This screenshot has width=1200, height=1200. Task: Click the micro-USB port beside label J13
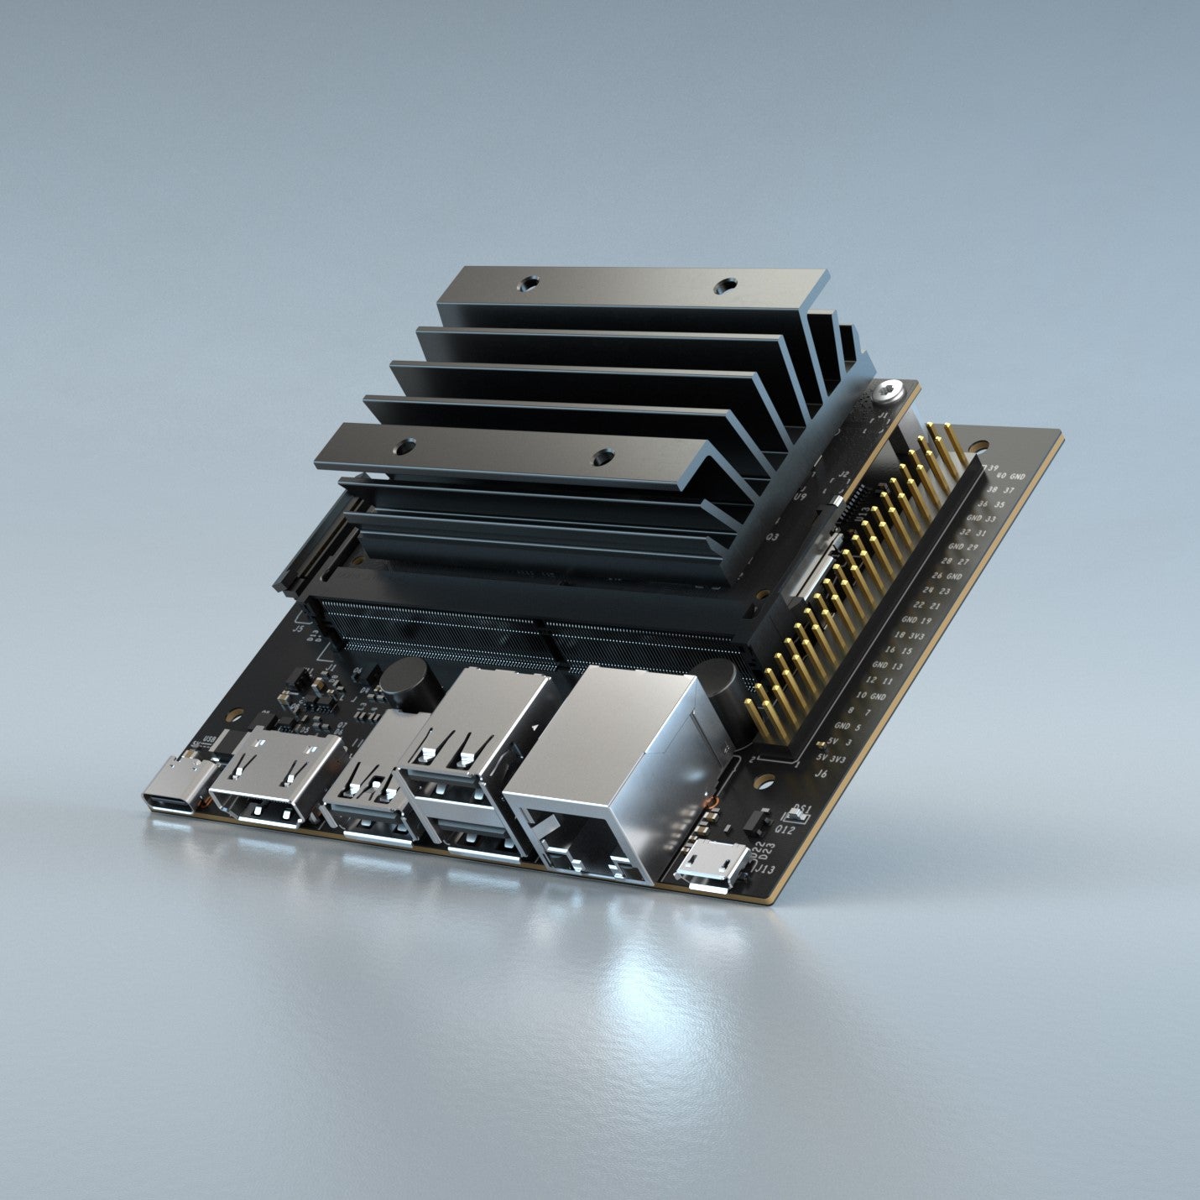pyautogui.click(x=712, y=863)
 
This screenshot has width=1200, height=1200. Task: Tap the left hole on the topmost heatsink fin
pyautogui.click(x=527, y=284)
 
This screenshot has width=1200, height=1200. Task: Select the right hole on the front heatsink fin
pyautogui.click(x=601, y=457)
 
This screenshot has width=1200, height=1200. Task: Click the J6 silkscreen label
pyautogui.click(x=822, y=773)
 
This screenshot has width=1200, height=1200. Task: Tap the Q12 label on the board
pyautogui.click(x=785, y=830)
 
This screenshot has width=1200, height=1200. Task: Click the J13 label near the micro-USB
pyautogui.click(x=766, y=869)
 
